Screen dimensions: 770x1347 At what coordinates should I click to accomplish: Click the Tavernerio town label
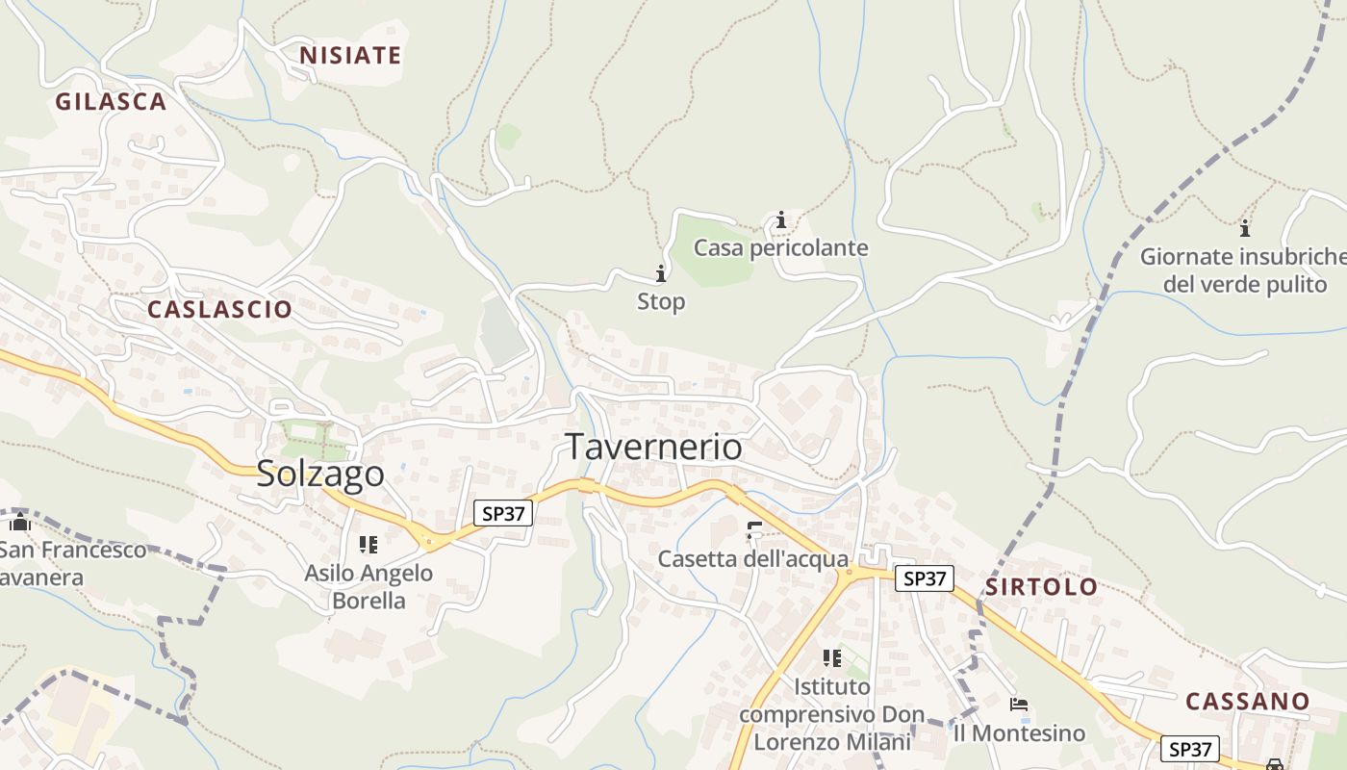pos(653,447)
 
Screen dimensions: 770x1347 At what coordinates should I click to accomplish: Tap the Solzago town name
pos(320,474)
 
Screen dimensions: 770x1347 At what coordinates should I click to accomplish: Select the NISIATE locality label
pos(350,56)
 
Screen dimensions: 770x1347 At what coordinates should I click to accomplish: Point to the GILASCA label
pos(111,101)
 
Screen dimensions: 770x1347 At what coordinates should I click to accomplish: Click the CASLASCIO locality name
pos(219,309)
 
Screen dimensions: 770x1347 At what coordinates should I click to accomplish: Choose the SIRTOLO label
pos(1041,587)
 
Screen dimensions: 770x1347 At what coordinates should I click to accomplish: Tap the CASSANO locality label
pos(1248,701)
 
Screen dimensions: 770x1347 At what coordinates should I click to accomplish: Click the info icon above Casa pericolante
pos(781,220)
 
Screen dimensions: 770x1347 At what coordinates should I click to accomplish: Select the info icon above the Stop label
pos(661,273)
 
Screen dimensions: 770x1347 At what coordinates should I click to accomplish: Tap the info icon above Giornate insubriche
pos(1245,228)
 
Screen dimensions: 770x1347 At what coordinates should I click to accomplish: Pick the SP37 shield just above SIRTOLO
pos(925,578)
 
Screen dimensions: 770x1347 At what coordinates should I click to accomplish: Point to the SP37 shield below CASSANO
pos(1190,749)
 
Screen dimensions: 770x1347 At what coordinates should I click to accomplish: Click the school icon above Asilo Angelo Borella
pos(368,545)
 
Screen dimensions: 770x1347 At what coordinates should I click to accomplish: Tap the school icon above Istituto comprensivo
pos(832,658)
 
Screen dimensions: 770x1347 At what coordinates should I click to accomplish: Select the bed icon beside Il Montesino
pos(1019,705)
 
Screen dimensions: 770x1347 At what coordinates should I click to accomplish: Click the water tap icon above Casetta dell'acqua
pos(754,528)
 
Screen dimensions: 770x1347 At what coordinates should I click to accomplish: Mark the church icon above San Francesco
pos(20,523)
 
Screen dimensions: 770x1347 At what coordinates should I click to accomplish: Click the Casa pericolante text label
pos(781,248)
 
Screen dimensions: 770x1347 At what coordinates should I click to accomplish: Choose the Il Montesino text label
pos(1019,733)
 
